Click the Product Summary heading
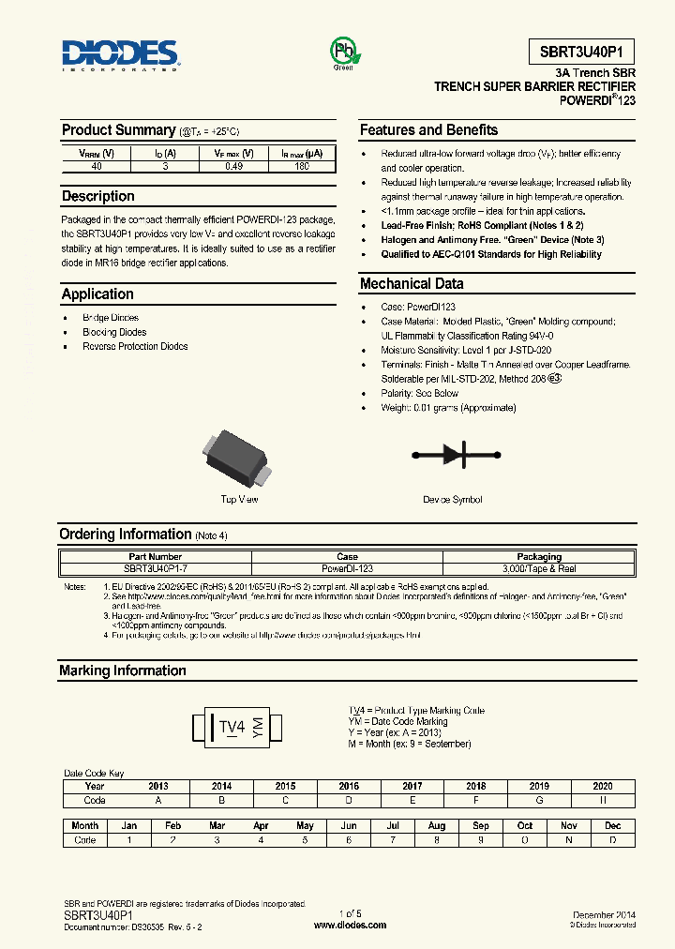pos(118,130)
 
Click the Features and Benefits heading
pos(428,130)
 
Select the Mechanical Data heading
pos(412,283)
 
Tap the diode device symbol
pos(453,456)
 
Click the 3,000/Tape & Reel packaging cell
pos(539,568)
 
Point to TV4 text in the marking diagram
pos(232,727)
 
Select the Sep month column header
pos(481,825)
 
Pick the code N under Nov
pos(568,839)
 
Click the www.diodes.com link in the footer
pos(350,925)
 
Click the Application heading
pos(97,294)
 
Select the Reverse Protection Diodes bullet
pos(135,346)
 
